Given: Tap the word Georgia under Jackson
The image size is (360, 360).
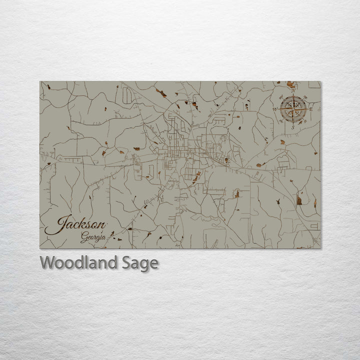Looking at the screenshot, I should [x=93, y=238].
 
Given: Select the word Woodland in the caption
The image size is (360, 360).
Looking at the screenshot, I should [x=78, y=262].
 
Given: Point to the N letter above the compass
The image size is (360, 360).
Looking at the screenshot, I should [x=293, y=91].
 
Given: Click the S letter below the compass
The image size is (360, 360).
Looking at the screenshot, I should [x=293, y=127].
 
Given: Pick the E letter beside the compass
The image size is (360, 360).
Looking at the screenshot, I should [x=311, y=109].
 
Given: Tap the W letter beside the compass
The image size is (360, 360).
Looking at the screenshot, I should [x=274, y=109].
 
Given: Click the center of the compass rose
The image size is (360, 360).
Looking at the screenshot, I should [x=293, y=109].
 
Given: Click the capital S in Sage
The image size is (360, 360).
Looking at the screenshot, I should [x=126, y=262].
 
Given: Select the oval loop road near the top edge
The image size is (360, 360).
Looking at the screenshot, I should [x=127, y=95].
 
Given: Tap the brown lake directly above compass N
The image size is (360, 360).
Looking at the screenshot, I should [x=290, y=84].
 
